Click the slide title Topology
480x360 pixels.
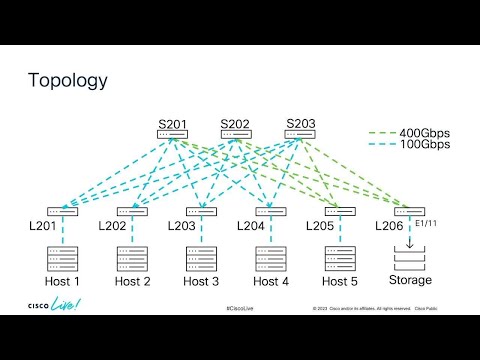pyautogui.click(x=67, y=79)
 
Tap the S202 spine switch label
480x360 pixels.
pyautogui.click(x=235, y=124)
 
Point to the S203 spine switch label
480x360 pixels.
pyautogui.click(x=300, y=124)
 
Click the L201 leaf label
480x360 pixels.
pyautogui.click(x=43, y=226)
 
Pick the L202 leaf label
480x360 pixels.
pyautogui.click(x=113, y=226)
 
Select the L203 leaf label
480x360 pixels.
pyautogui.click(x=183, y=226)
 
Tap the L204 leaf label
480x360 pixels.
pyautogui.click(x=252, y=226)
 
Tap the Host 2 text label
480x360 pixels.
pyautogui.click(x=132, y=281)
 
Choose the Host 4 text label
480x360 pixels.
pyautogui.click(x=270, y=281)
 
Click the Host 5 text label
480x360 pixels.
pyautogui.click(x=340, y=281)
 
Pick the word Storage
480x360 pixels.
pyautogui.click(x=410, y=281)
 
